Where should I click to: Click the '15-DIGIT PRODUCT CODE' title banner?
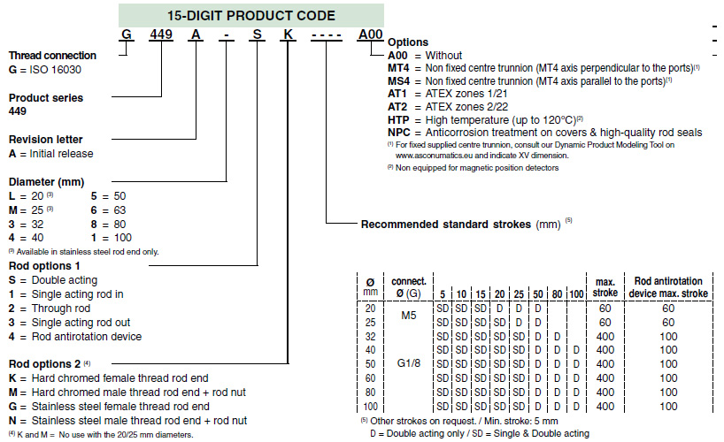click(x=251, y=15)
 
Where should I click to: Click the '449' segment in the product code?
click(x=160, y=35)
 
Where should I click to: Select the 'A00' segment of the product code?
click(x=370, y=35)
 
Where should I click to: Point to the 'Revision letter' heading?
click(x=45, y=140)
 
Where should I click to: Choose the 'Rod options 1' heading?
click(x=44, y=265)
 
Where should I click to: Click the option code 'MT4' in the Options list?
click(x=398, y=67)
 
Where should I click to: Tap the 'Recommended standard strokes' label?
click(x=446, y=225)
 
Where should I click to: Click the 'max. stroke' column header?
click(x=605, y=286)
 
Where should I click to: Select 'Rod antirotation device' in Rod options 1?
click(x=86, y=337)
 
